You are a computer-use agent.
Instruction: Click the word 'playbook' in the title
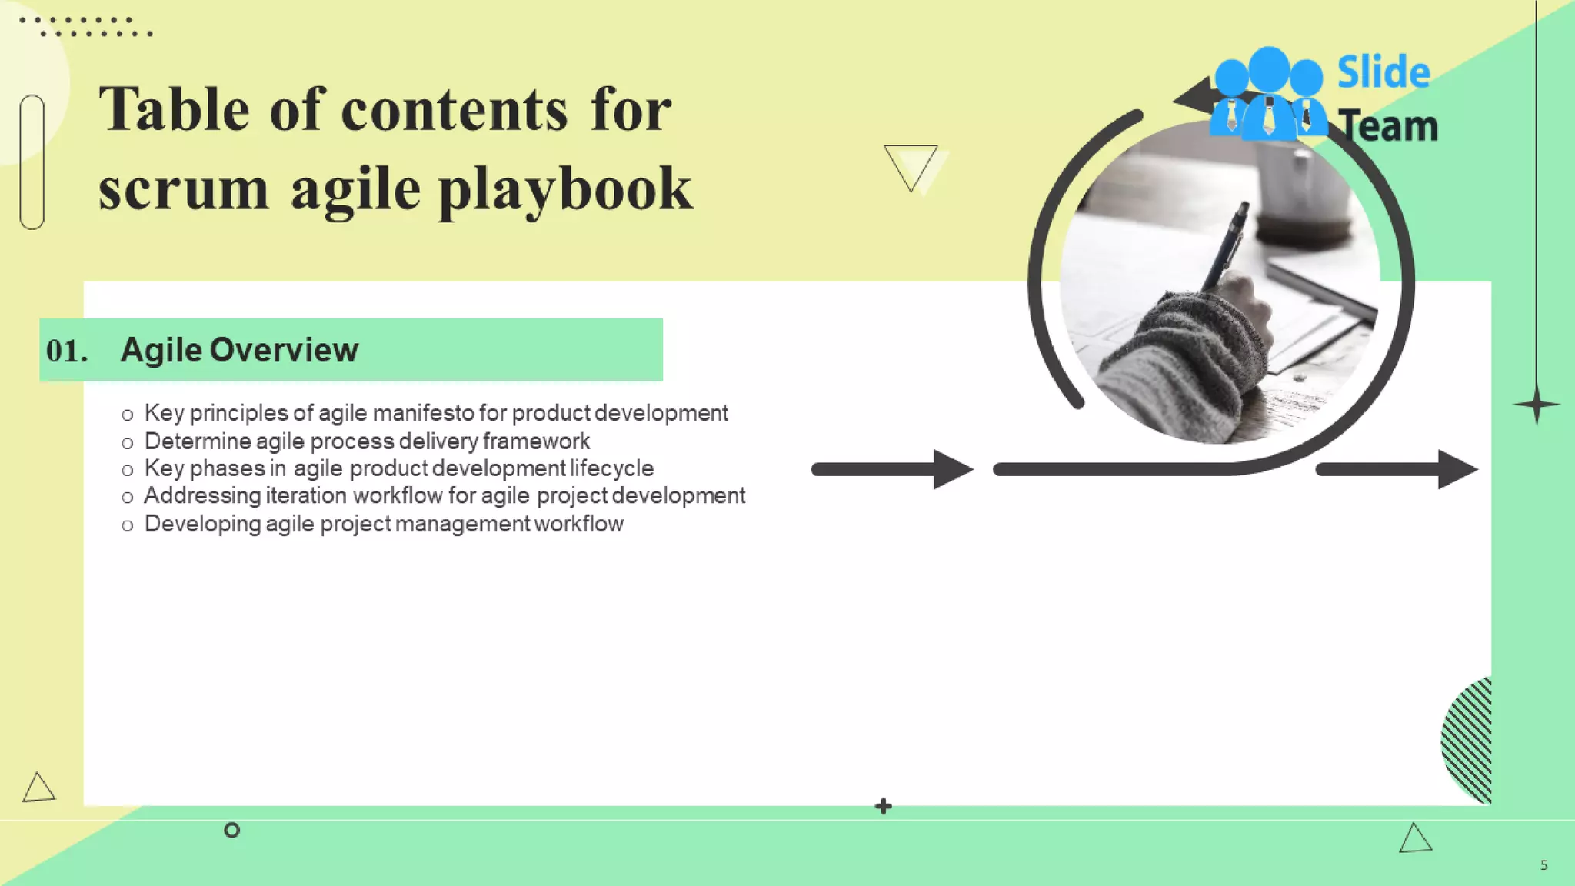[566, 190]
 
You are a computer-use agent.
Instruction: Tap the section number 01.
[66, 351]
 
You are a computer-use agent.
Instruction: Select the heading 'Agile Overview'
[239, 350]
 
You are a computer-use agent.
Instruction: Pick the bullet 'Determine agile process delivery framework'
[367, 441]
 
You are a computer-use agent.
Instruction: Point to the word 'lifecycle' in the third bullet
[611, 468]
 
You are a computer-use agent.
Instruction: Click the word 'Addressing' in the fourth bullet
[202, 495]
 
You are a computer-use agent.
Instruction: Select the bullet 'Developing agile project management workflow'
[383, 524]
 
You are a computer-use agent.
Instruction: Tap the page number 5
[1543, 865]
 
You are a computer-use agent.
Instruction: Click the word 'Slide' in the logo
[1383, 72]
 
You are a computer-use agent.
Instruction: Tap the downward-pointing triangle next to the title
[911, 165]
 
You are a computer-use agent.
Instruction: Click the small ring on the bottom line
[231, 830]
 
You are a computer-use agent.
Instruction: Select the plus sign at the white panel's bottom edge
[884, 806]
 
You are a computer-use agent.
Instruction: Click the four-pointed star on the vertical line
[1537, 404]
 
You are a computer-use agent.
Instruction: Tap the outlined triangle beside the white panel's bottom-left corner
[38, 788]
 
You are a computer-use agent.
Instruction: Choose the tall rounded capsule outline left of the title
[32, 162]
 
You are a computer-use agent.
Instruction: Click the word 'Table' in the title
[174, 109]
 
